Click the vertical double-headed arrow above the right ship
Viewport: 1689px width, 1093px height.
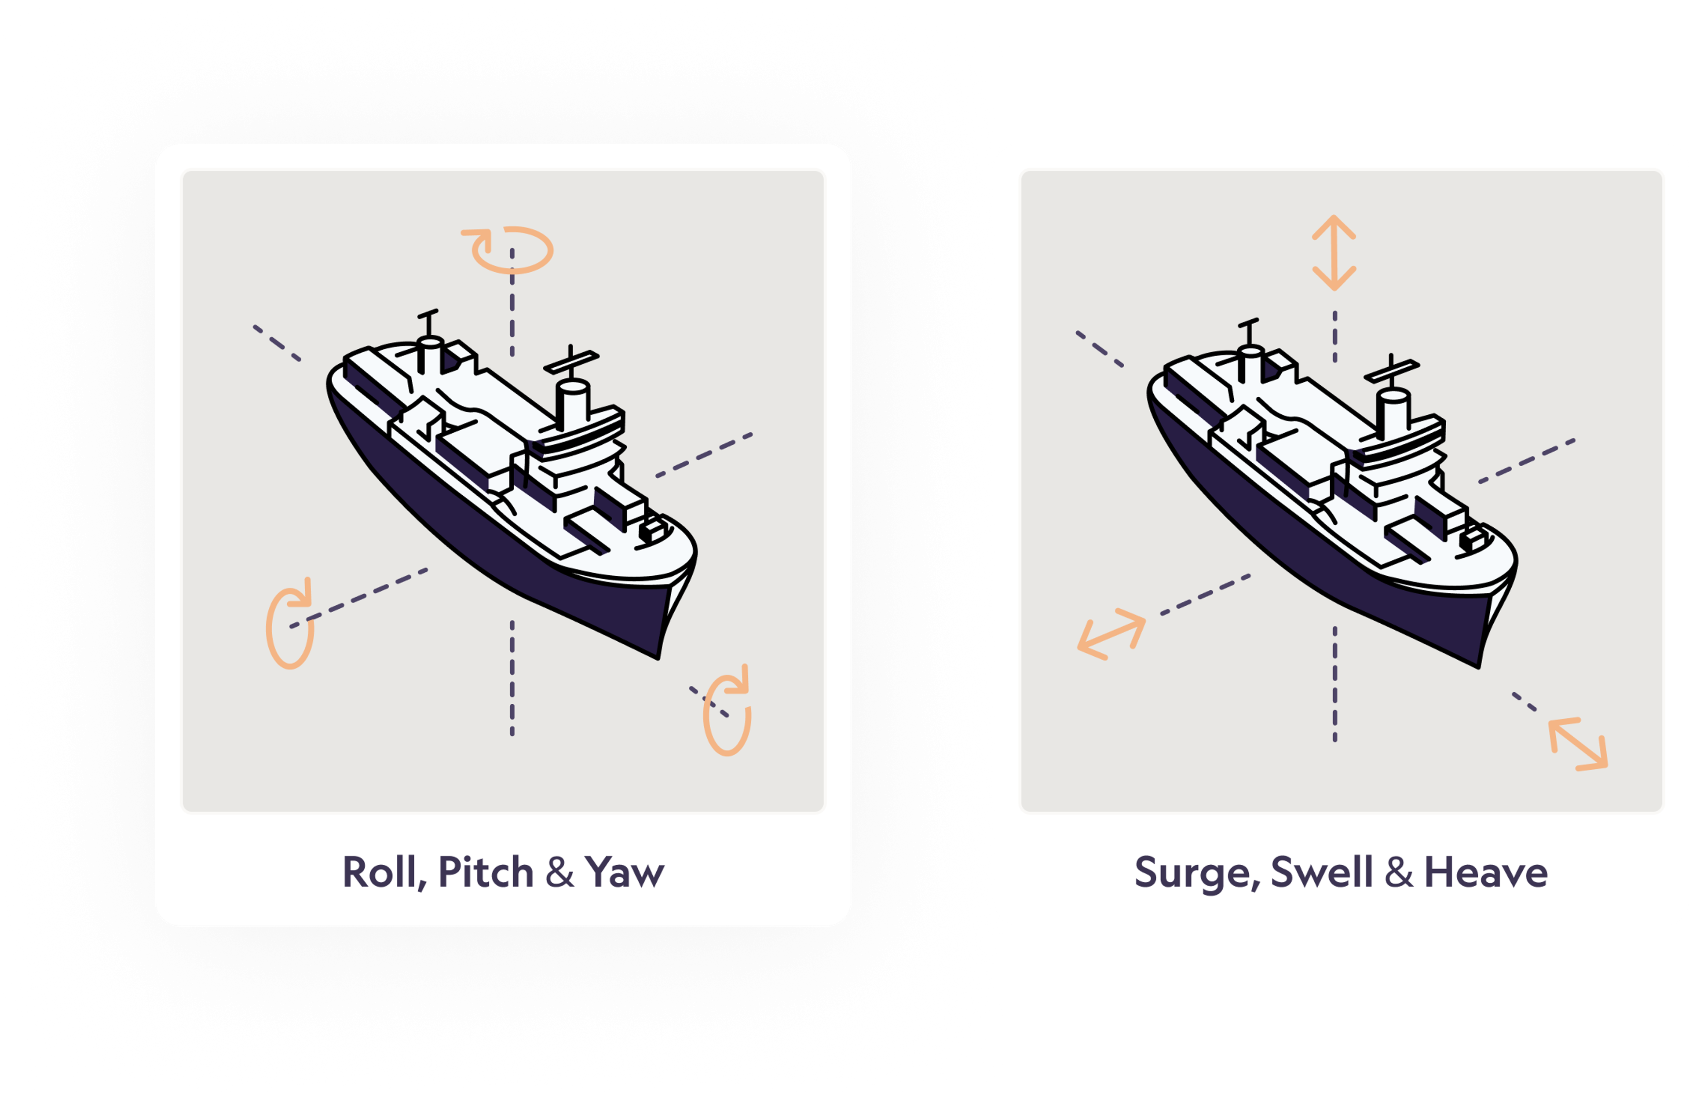click(1334, 252)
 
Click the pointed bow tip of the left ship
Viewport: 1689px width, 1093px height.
click(658, 657)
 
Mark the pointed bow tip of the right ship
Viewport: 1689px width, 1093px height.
click(1479, 665)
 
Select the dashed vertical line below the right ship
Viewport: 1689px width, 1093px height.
click(1335, 684)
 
